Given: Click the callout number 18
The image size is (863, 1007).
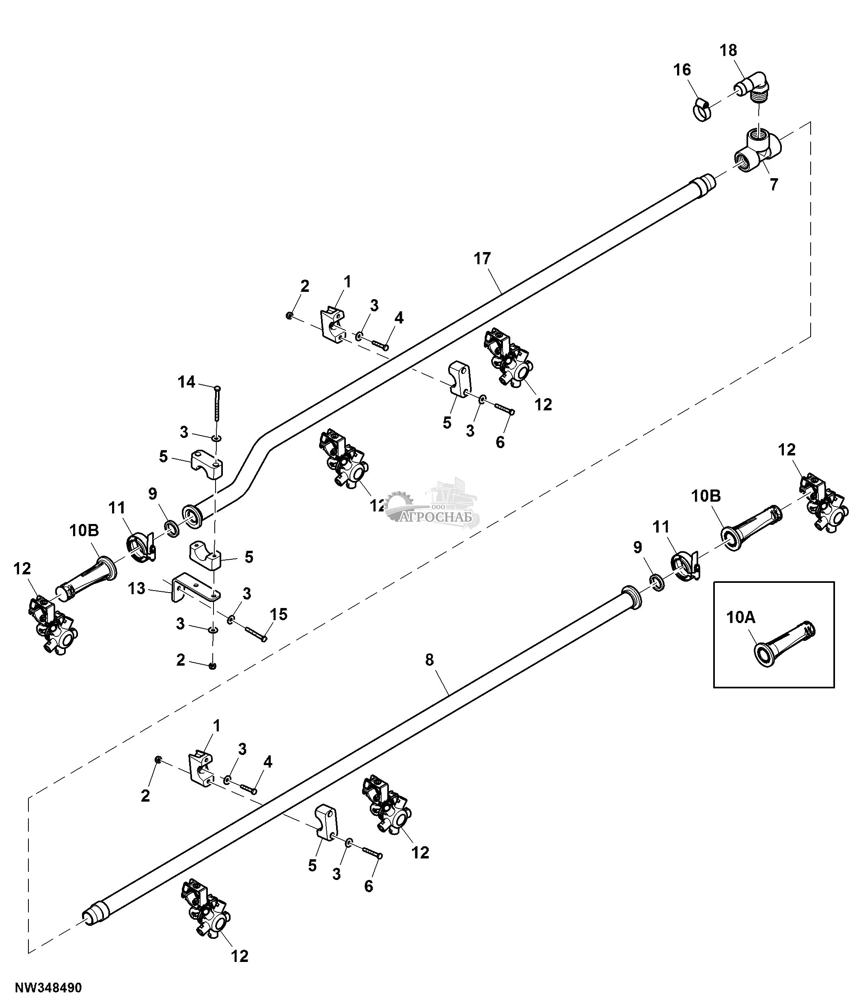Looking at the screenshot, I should tap(728, 51).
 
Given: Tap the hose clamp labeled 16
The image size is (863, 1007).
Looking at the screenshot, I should tap(700, 110).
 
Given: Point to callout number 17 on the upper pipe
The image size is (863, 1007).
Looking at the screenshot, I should tap(483, 259).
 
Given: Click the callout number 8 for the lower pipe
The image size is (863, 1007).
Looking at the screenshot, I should tap(429, 660).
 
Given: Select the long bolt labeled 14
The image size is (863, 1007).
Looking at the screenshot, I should tap(217, 403).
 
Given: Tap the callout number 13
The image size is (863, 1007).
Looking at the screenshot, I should tap(136, 589).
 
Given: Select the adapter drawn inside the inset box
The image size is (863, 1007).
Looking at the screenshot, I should tap(783, 643).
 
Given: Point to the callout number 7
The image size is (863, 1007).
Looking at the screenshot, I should tap(774, 185).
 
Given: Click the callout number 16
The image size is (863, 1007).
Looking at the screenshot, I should tap(682, 70).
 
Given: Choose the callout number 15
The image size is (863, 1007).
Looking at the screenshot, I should tap(279, 615).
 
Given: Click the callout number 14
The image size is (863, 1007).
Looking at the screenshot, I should tap(186, 382).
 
